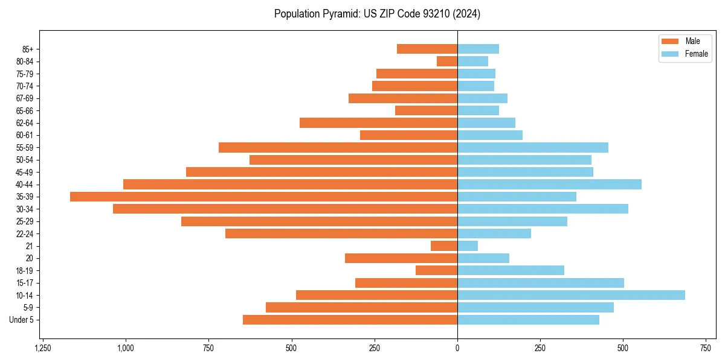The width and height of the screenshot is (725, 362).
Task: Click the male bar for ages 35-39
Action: [x=263, y=197]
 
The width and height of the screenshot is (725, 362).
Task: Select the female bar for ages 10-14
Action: [x=571, y=295]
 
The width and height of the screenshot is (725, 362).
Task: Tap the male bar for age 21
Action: [x=444, y=246]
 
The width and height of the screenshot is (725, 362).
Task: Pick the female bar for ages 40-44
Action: [x=549, y=185]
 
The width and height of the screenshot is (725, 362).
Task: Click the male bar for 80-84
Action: [x=447, y=62]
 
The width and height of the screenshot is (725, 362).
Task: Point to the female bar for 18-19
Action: [x=511, y=270]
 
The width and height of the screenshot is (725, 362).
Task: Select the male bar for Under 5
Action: [x=350, y=320]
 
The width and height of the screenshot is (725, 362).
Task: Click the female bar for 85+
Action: [x=478, y=49]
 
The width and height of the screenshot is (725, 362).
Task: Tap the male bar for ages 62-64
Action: [x=378, y=123]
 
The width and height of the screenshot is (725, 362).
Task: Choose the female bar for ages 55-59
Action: [x=532, y=148]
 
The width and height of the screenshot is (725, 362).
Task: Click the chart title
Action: [x=377, y=14]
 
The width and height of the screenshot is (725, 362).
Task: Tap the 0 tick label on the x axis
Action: [x=457, y=348]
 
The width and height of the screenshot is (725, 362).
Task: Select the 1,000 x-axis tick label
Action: [x=126, y=348]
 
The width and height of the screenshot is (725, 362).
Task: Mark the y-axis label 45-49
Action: [x=25, y=173]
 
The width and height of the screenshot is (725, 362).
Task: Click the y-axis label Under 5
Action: [x=21, y=320]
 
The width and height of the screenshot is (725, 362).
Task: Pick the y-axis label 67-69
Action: [x=25, y=98]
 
